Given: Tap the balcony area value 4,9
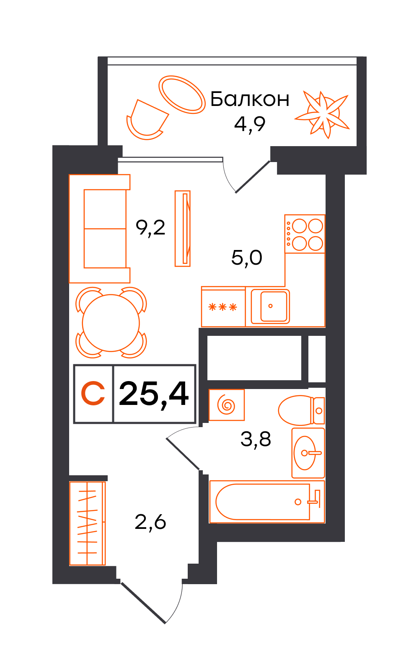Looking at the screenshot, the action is click(250, 124).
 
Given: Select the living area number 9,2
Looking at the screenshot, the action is click(150, 228).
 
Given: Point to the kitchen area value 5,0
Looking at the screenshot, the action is click(247, 258).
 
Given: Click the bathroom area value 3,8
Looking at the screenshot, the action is click(256, 439).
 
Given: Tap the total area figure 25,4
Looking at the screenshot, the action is click(154, 394).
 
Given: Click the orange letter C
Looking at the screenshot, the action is click(93, 393).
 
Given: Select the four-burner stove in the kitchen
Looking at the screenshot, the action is click(305, 234).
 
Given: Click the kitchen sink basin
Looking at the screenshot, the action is click(270, 306).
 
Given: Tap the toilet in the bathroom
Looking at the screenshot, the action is click(301, 410).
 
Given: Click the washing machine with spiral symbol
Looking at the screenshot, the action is click(227, 405).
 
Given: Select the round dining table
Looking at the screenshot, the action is click(111, 323).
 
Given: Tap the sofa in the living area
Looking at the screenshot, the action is click(100, 229).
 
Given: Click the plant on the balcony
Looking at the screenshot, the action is click(322, 115).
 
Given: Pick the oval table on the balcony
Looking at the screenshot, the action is click(182, 95).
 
